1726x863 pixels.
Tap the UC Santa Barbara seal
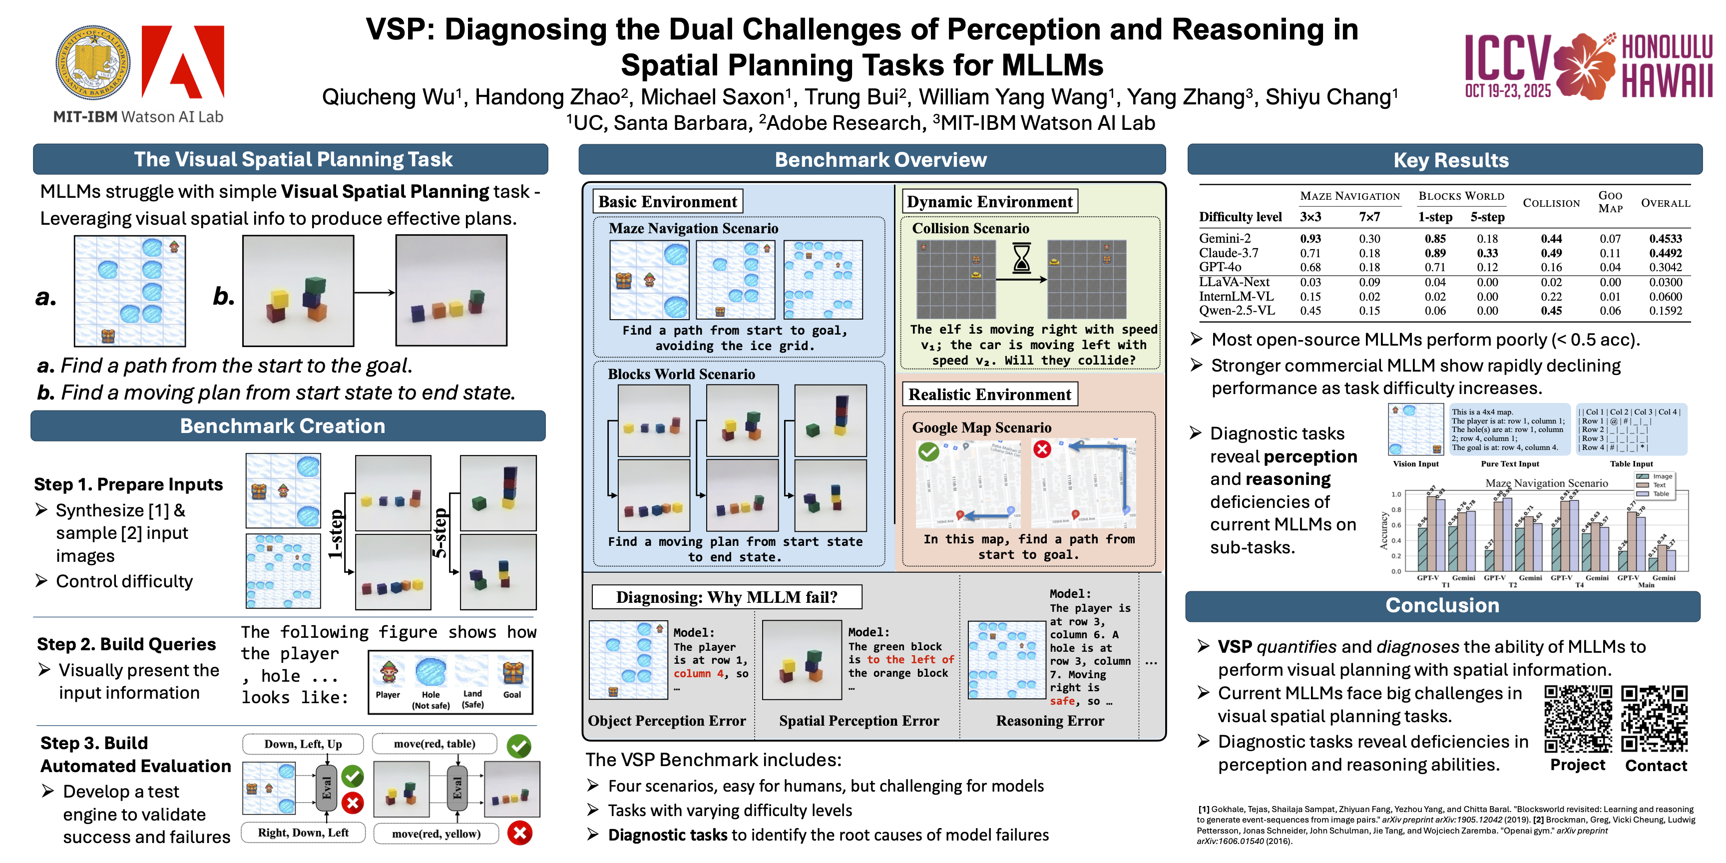pos(92,63)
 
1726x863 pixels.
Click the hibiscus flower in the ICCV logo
pos(1585,65)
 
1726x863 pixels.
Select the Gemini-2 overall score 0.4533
pos(1665,239)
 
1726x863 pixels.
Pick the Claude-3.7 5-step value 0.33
pos(1487,253)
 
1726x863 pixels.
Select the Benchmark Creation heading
pos(282,426)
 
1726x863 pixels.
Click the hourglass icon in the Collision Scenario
pos(1021,259)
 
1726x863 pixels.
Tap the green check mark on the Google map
pos(928,451)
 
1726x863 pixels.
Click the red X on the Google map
pos(1042,449)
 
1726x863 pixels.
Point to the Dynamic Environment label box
pos(989,202)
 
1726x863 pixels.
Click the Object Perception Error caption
pos(666,721)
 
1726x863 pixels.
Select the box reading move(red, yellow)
pos(436,834)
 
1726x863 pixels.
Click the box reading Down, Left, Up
pos(303,744)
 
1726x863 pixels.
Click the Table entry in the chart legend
pos(1661,494)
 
